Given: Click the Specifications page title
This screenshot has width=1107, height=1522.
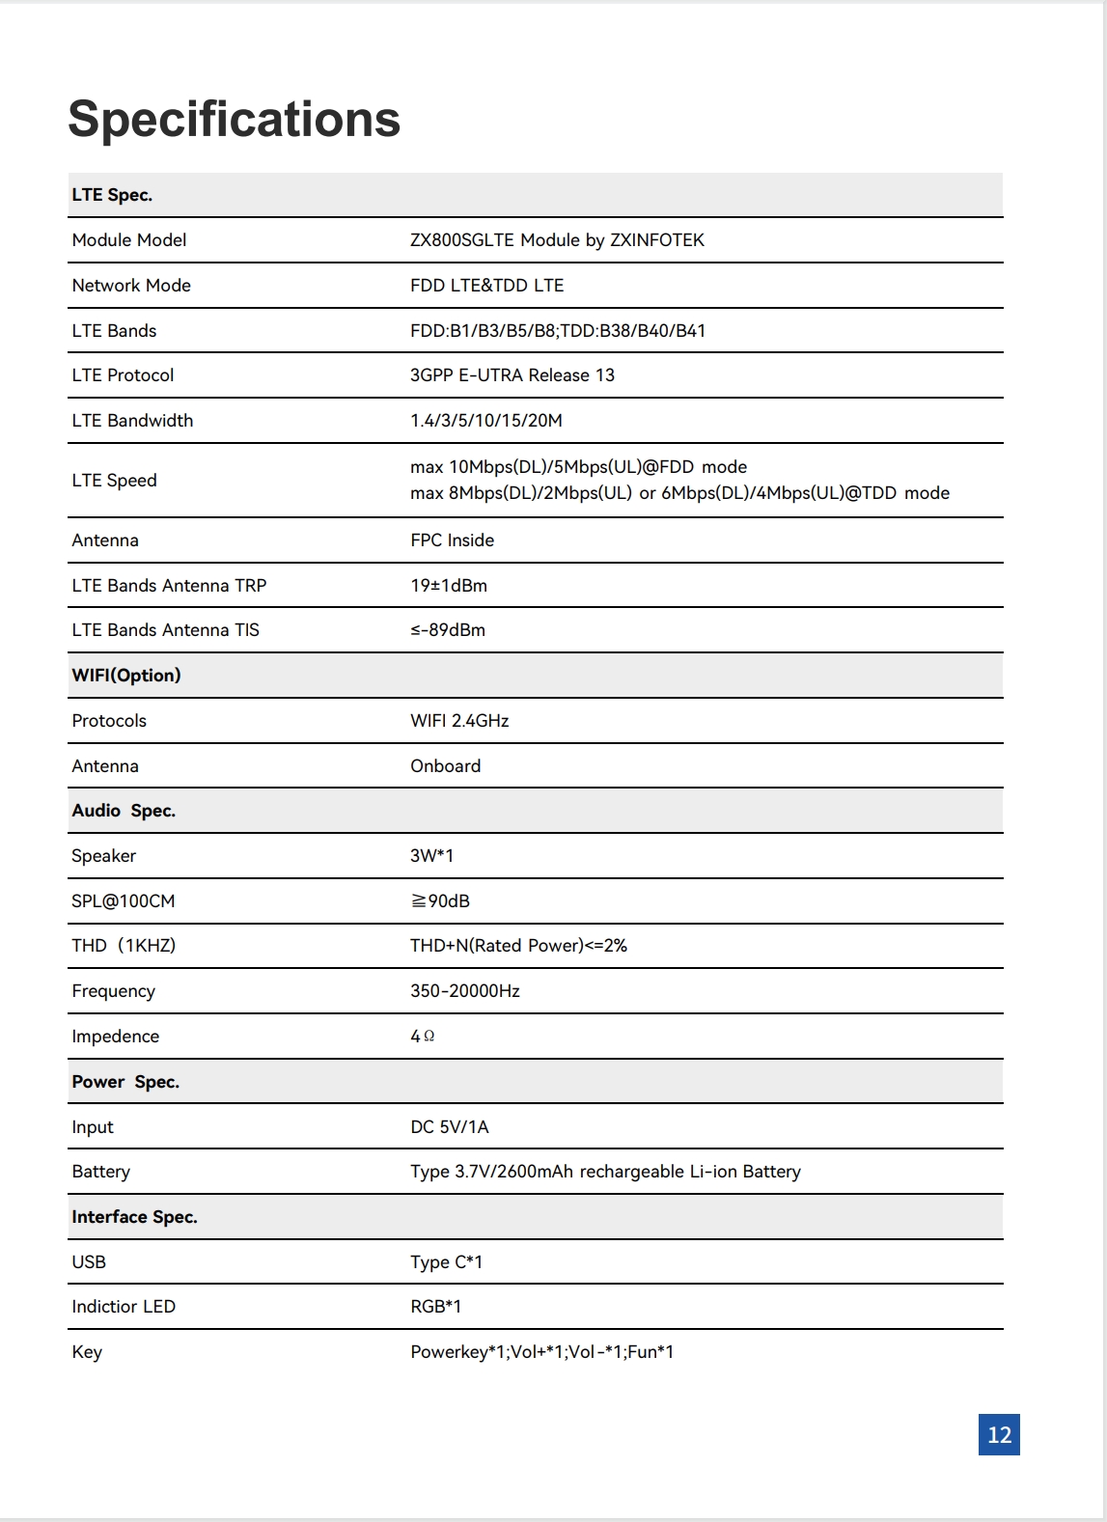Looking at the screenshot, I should pyautogui.click(x=234, y=120).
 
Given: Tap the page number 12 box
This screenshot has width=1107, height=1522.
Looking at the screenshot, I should pyautogui.click(x=999, y=1434).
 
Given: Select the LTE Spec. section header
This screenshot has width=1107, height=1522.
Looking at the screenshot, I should pyautogui.click(x=112, y=195).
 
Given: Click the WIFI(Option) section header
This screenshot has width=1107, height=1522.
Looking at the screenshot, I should pyautogui.click(x=126, y=676).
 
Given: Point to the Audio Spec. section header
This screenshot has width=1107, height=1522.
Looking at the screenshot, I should pyautogui.click(x=124, y=811).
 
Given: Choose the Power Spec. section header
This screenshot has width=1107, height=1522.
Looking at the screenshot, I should pyautogui.click(x=125, y=1082).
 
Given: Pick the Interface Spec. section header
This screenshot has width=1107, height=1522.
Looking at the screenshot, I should pyautogui.click(x=134, y=1217).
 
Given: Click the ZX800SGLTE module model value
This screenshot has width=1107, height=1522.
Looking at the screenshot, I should pyautogui.click(x=557, y=240).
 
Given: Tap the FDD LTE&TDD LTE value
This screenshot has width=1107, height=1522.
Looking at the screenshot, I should pyautogui.click(x=486, y=286).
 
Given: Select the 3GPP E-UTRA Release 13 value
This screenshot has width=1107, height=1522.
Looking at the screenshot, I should pyautogui.click(x=512, y=375).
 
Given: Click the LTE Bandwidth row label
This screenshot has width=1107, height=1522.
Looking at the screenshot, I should pyautogui.click(x=132, y=421).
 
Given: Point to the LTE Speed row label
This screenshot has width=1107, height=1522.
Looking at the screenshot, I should pyautogui.click(x=114, y=481).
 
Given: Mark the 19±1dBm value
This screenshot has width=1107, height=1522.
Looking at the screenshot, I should pyautogui.click(x=448, y=586).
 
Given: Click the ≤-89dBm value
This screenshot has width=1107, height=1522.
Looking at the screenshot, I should pyautogui.click(x=447, y=630).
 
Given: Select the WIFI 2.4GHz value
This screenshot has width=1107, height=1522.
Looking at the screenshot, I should pyautogui.click(x=459, y=721).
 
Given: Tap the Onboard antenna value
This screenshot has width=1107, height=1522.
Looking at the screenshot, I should pyautogui.click(x=445, y=766).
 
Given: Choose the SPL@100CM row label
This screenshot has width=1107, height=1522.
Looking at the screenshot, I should pyautogui.click(x=124, y=901).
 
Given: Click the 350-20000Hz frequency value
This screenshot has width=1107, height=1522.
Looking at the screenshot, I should pyautogui.click(x=464, y=991).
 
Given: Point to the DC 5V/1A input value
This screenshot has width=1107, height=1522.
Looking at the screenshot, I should pyautogui.click(x=449, y=1127).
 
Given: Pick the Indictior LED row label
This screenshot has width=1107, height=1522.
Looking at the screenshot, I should pyautogui.click(x=124, y=1307).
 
